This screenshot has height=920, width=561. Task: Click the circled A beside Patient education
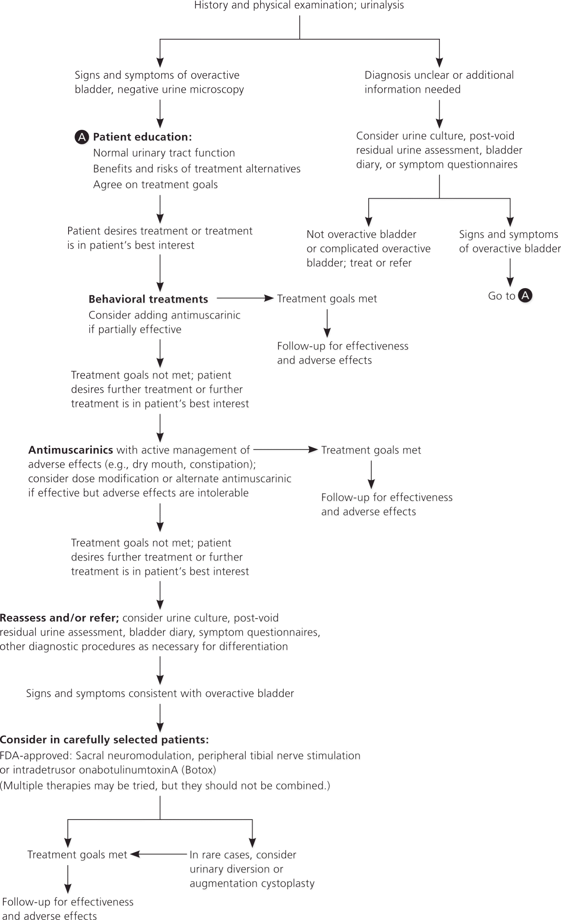click(82, 137)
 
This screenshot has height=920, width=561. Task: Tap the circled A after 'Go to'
click(526, 295)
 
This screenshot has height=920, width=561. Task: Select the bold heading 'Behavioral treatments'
click(148, 299)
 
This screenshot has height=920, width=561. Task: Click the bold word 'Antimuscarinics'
click(70, 450)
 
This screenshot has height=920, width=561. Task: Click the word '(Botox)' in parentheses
click(198, 770)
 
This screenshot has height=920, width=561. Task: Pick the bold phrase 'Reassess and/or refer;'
click(59, 618)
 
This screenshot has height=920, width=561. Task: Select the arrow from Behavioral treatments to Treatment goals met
click(245, 298)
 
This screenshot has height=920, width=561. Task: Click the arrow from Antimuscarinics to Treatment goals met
click(285, 450)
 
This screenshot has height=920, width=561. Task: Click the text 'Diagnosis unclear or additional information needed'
click(439, 82)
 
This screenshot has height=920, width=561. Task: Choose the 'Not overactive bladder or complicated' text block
click(368, 248)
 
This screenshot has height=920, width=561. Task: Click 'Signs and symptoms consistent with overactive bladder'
click(160, 693)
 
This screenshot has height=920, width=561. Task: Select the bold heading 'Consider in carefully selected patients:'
click(104, 740)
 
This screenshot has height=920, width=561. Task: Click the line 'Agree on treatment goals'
click(155, 185)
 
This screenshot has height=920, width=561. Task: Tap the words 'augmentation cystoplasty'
click(252, 883)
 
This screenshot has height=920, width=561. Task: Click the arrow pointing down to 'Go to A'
click(510, 273)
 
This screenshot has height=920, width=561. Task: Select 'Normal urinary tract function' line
click(164, 153)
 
